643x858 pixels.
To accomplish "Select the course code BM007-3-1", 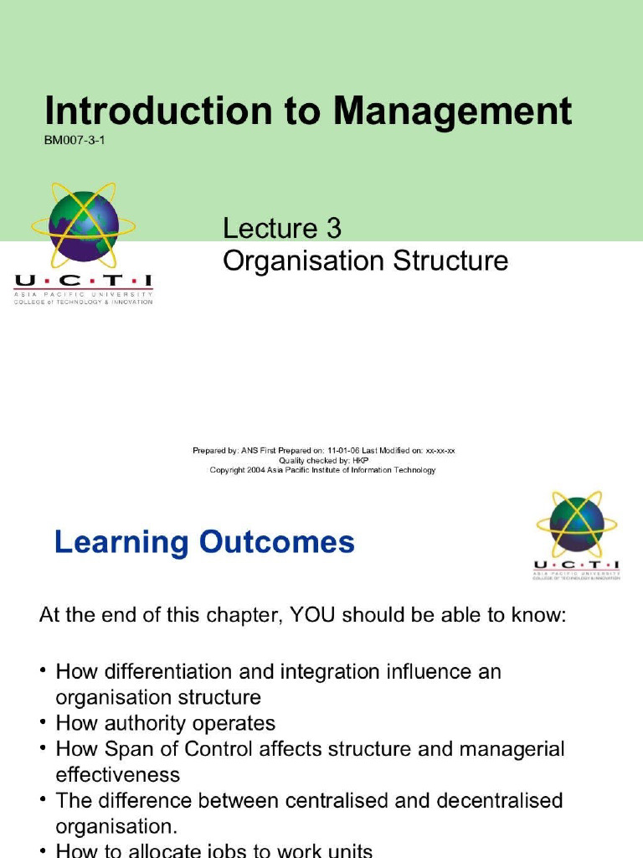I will click(75, 141).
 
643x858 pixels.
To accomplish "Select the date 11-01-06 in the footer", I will click(345, 451).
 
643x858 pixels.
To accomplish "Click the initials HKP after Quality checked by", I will click(359, 460).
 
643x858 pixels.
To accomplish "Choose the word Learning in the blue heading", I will click(122, 543).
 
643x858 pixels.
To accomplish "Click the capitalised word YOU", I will click(311, 617).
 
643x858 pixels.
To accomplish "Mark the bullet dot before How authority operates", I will click(43, 722).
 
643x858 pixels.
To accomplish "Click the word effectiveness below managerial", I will click(117, 774).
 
